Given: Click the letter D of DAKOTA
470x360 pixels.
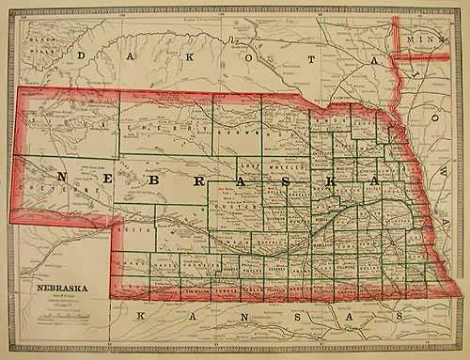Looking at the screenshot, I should pyautogui.click(x=82, y=56).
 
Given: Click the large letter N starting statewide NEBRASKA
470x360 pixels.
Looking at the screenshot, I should pyautogui.click(x=63, y=176).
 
